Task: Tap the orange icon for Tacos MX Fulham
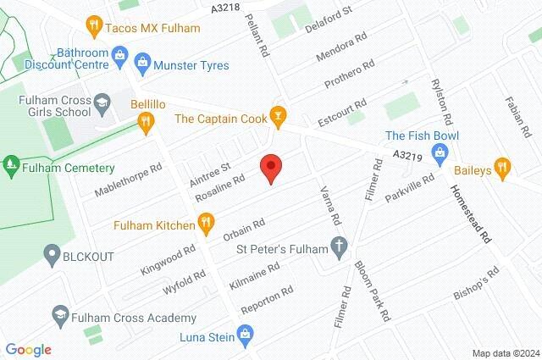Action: tap(95, 27)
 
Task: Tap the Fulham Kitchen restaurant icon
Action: tap(205, 224)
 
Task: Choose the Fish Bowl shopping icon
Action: tap(439, 152)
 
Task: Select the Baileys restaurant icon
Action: tap(502, 168)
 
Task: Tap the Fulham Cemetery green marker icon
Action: tap(12, 162)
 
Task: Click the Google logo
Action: tap(29, 350)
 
